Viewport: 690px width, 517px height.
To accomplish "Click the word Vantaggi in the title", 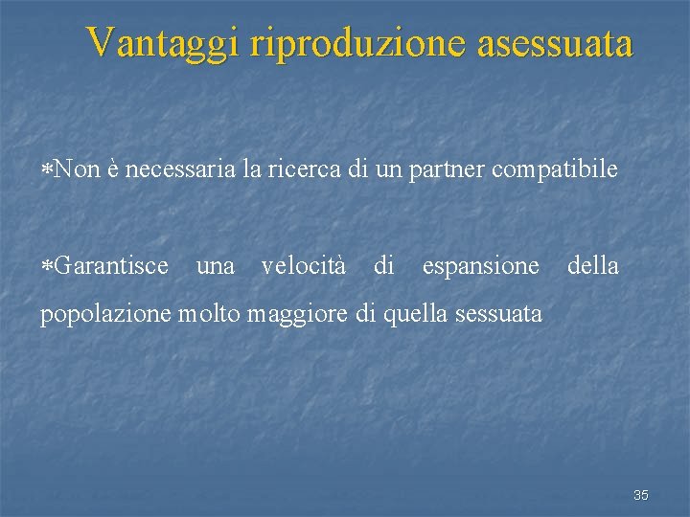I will click(166, 43).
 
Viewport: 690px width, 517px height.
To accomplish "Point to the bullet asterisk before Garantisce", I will click(47, 266).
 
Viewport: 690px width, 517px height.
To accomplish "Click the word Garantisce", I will click(111, 265).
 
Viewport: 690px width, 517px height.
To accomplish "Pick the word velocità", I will click(304, 265).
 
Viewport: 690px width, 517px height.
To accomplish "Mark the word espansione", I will click(480, 266).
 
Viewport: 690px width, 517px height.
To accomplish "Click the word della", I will click(593, 265).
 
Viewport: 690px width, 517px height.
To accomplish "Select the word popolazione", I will click(106, 314).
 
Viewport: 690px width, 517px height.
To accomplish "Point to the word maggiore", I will click(294, 314).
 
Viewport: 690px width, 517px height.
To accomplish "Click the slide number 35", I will click(641, 495).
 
